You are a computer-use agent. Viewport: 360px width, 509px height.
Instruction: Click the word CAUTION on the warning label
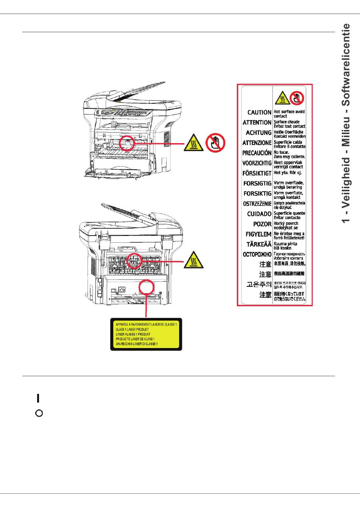click(259, 112)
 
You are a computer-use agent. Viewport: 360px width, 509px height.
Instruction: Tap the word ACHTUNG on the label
click(258, 133)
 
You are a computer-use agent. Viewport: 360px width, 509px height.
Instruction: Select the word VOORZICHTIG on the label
click(257, 163)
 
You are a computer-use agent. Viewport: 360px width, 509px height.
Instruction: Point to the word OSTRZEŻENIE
click(257, 204)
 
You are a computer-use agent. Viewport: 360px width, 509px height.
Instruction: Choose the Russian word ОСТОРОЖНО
click(257, 254)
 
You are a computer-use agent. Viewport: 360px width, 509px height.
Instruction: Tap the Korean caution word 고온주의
click(259, 284)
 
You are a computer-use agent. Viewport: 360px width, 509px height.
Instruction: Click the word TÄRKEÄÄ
click(259, 244)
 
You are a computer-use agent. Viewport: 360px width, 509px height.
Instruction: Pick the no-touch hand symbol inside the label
click(297, 98)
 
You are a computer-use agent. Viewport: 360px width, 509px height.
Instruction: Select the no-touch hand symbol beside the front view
click(215, 143)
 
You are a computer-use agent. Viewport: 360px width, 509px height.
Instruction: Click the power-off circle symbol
click(39, 413)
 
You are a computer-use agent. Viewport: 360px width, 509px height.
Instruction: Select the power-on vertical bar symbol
click(38, 398)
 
